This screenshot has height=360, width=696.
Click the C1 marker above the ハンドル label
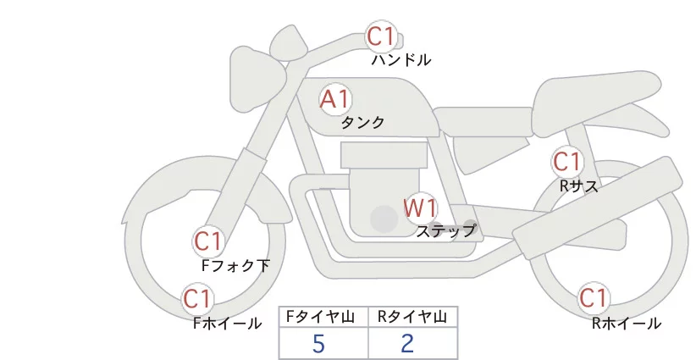[381, 36]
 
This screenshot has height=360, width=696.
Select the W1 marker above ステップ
[420, 207]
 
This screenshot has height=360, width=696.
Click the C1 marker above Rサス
[566, 161]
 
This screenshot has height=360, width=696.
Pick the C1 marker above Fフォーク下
[208, 241]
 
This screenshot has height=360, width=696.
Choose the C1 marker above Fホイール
[197, 299]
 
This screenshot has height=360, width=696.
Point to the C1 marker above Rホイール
[594, 299]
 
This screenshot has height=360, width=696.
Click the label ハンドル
[401, 60]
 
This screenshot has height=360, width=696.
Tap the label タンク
[362, 123]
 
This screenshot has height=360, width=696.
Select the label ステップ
[445, 230]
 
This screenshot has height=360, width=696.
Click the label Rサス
[579, 186]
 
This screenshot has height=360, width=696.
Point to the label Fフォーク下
[235, 265]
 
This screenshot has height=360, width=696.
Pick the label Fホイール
[227, 323]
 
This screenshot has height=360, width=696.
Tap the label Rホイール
[626, 323]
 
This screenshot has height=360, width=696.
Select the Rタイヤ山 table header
[412, 317]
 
